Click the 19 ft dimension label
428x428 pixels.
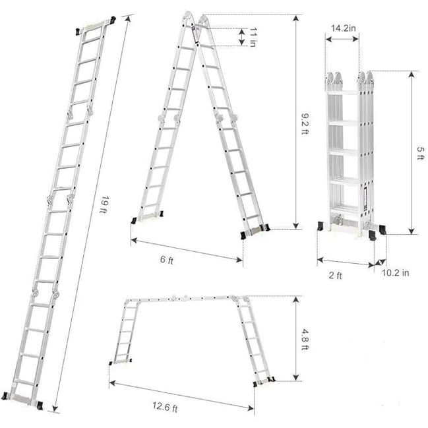[x=104, y=204]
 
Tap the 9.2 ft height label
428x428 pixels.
[x=305, y=123]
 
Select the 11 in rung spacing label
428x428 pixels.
[x=253, y=37]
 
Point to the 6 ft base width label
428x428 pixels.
[x=167, y=260]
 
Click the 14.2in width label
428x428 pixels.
[x=344, y=28]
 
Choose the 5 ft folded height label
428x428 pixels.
[x=421, y=153]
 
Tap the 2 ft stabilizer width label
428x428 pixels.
[x=335, y=275]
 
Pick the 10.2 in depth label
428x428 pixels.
[x=395, y=272]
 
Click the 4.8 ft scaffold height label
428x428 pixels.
[x=305, y=340]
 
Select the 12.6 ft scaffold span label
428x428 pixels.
[x=165, y=407]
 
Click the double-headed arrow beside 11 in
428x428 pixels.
[x=242, y=37]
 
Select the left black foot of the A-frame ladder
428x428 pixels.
[x=134, y=220]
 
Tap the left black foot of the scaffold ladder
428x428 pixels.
[x=111, y=363]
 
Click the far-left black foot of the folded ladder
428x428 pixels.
[x=321, y=227]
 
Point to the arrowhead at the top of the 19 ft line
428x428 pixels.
[x=129, y=19]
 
